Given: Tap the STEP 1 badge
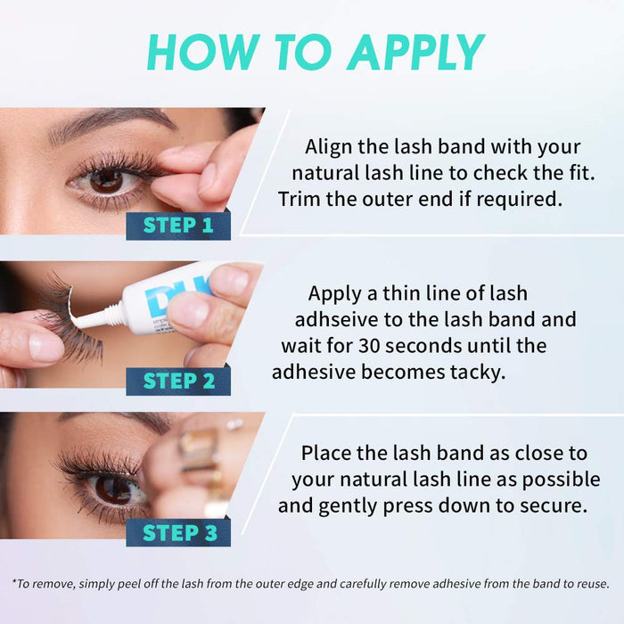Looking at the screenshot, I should (178, 225).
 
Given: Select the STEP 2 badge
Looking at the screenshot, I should (178, 382).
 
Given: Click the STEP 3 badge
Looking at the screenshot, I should (178, 533).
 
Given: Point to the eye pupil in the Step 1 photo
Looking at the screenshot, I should (106, 181).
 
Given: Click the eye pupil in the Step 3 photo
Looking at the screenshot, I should (112, 489).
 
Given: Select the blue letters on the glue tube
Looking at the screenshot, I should (189, 286).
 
